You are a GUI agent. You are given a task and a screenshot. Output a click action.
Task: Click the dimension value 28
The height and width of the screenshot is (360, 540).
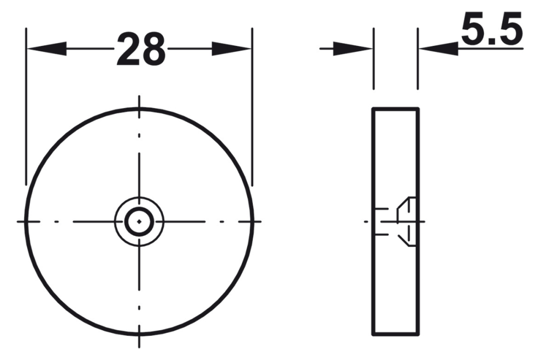tap(140, 49)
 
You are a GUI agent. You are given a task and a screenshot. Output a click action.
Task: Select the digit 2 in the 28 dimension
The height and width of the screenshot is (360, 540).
tap(127, 49)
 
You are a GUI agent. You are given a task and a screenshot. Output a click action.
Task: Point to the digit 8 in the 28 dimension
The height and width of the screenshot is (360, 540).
tap(153, 49)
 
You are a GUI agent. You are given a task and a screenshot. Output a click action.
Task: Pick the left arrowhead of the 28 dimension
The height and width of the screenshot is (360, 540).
tap(46, 49)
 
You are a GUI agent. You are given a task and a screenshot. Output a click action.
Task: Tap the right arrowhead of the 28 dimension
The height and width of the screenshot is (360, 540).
tap(232, 49)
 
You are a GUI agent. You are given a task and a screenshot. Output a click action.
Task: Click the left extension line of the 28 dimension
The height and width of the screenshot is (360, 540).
tap(26, 108)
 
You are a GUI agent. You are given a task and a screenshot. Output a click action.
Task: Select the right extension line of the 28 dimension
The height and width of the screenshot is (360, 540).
tap(252, 108)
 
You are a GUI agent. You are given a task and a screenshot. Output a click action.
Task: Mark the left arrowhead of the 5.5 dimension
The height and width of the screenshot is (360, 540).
tap(354, 49)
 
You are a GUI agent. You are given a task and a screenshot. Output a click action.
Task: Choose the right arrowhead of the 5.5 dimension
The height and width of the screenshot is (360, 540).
tap(437, 49)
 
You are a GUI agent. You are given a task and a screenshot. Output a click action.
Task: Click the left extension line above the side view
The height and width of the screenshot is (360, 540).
tap(373, 59)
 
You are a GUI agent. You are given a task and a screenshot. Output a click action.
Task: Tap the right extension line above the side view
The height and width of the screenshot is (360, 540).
tap(417, 59)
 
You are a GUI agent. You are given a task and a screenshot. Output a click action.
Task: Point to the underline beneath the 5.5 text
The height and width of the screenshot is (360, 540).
tap(491, 49)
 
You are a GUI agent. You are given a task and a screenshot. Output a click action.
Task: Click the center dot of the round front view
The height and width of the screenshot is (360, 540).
tap(139, 221)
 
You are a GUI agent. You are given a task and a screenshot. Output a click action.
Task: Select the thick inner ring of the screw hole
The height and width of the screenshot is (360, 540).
tap(139, 209)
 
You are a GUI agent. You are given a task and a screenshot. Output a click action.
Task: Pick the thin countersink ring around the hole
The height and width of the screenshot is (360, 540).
tap(139, 198)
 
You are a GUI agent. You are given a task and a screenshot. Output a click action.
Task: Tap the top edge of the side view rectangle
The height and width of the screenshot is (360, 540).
tap(395, 108)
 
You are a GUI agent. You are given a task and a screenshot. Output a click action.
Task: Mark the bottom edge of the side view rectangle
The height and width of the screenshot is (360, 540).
tap(395, 334)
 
